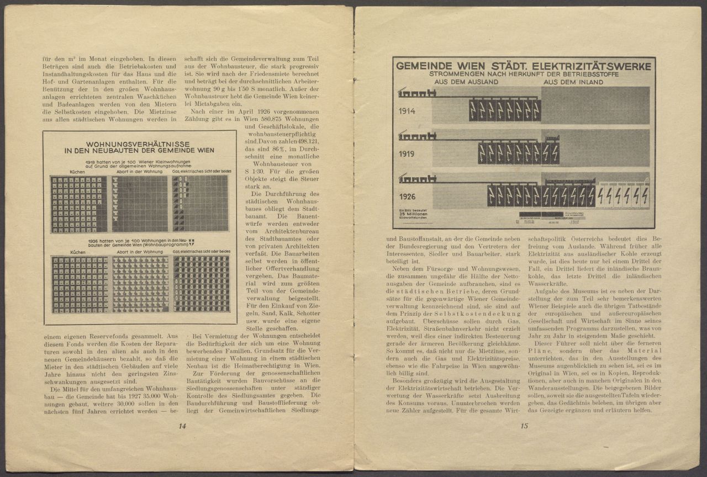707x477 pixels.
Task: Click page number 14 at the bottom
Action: (x=182, y=426)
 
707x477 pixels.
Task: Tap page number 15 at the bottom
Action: (x=524, y=426)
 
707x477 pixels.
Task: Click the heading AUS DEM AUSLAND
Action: (x=467, y=82)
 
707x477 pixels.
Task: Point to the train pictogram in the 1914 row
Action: (x=417, y=93)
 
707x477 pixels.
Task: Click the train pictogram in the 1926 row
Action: (x=417, y=178)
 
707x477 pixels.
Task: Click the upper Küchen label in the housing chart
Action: (x=77, y=172)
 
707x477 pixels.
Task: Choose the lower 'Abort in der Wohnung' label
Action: (x=139, y=251)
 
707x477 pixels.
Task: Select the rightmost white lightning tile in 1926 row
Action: (x=643, y=195)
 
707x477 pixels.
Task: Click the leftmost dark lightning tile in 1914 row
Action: (x=473, y=110)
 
